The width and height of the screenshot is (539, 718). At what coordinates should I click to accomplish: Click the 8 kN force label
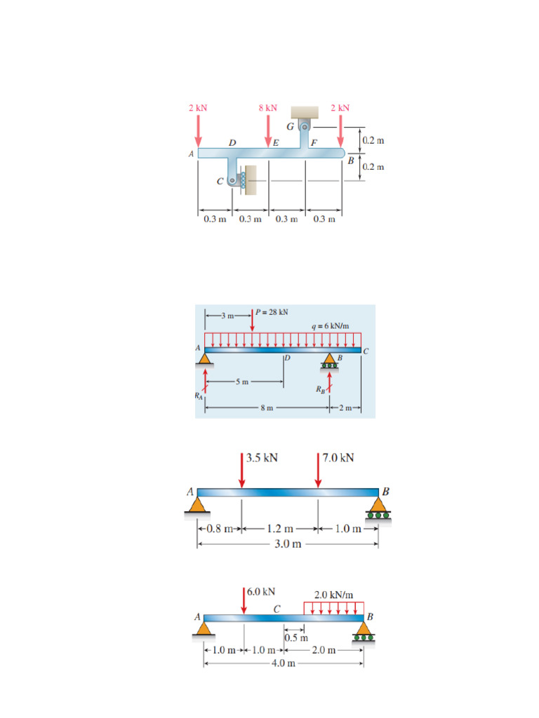click(x=267, y=108)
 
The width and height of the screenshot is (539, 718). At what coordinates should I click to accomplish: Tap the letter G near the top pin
click(x=289, y=126)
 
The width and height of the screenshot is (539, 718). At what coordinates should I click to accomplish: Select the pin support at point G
click(x=305, y=128)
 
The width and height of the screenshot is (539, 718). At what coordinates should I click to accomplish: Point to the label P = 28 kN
click(x=273, y=312)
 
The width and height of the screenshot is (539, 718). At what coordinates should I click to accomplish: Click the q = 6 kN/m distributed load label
click(x=330, y=326)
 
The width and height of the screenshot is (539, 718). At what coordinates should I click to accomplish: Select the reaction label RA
click(x=199, y=395)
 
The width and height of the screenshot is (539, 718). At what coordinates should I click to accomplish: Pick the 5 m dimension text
click(x=242, y=382)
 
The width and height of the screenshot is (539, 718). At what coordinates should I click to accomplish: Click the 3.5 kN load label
click(x=262, y=458)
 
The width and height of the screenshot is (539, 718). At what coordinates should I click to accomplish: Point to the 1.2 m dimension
click(x=280, y=529)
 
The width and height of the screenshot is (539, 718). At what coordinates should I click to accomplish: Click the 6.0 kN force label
click(x=261, y=591)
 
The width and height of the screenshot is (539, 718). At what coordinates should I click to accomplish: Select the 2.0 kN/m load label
click(x=333, y=595)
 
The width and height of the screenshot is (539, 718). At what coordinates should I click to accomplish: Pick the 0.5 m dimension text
click(x=296, y=637)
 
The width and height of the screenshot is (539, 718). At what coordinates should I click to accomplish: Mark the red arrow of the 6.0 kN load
click(x=244, y=602)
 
